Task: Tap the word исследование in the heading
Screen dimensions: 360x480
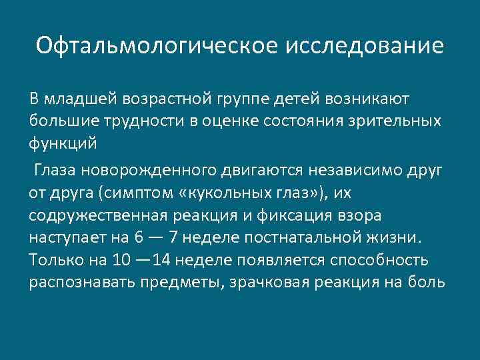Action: click(x=365, y=45)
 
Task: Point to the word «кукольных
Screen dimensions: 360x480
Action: click(x=224, y=194)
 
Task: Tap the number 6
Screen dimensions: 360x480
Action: click(x=138, y=238)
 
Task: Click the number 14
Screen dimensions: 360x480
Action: click(x=160, y=260)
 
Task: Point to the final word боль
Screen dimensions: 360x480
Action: click(x=425, y=281)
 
